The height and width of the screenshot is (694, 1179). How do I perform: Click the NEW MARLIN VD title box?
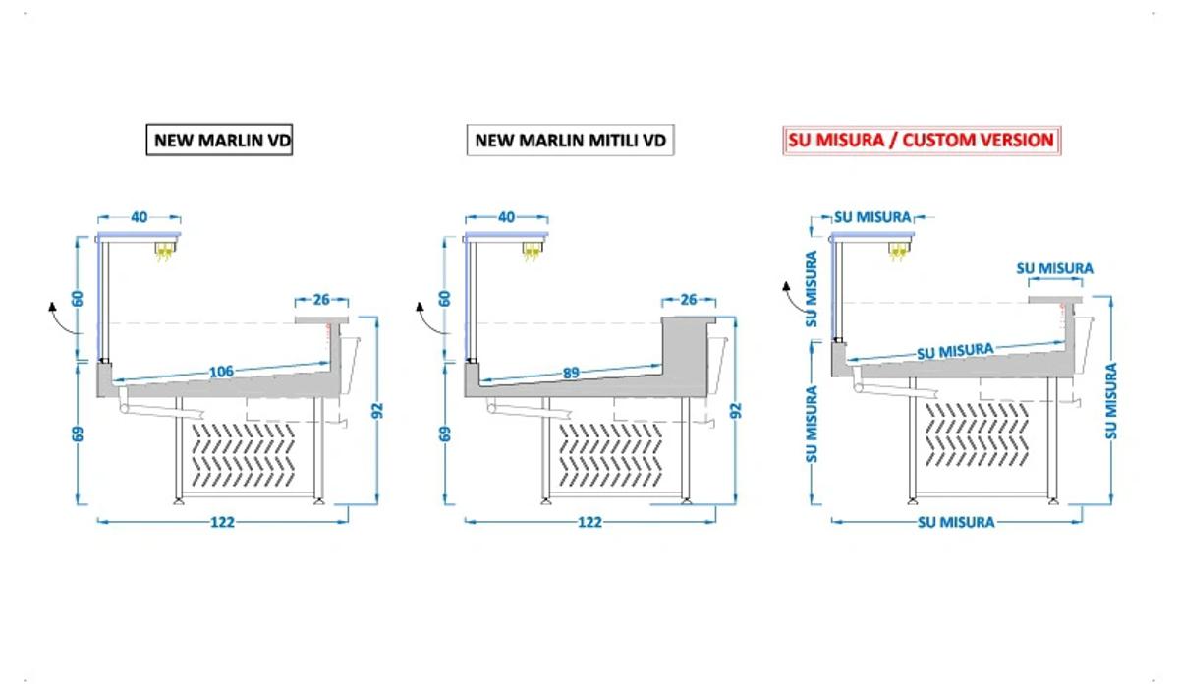(219, 140)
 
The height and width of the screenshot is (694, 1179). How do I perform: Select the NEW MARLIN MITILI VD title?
(570, 140)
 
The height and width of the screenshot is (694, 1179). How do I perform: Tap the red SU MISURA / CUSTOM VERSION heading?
(922, 140)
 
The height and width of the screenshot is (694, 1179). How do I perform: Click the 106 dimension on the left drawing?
(221, 372)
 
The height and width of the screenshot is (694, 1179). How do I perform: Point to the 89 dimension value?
(571, 373)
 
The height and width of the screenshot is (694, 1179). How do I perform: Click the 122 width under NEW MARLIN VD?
(222, 522)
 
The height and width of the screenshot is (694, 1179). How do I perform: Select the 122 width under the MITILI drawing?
(589, 522)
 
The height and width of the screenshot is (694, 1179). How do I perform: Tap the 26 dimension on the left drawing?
(321, 300)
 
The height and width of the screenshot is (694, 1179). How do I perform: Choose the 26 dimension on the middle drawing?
(689, 300)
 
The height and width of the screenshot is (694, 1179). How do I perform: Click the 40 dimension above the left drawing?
(139, 217)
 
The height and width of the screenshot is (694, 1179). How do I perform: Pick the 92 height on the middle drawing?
(736, 410)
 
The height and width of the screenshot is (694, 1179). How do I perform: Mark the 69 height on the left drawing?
(78, 434)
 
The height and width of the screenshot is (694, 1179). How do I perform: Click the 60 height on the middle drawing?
(445, 299)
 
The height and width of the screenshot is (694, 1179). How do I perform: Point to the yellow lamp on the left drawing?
(165, 251)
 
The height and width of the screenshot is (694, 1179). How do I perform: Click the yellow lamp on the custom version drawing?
(899, 251)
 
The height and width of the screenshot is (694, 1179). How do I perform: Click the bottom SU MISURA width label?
(956, 522)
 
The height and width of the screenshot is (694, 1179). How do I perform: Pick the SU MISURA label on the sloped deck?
(955, 351)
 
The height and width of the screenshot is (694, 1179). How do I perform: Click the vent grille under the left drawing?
(244, 454)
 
